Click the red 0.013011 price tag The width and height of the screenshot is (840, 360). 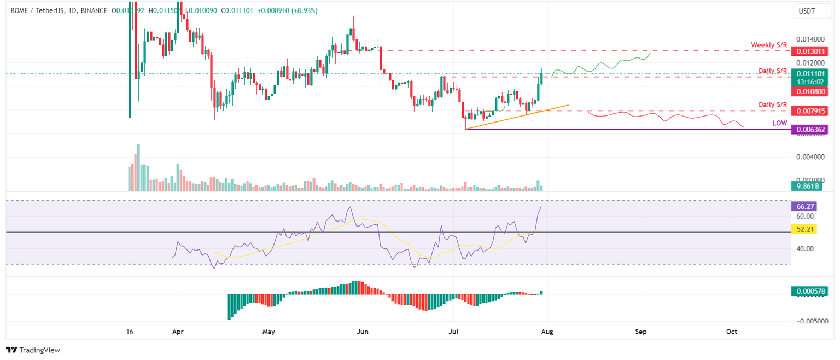click(x=809, y=51)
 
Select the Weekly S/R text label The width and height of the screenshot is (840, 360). click(x=769, y=44)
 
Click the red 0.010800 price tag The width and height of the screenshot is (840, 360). click(x=809, y=91)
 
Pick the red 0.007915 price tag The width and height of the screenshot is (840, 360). click(x=809, y=111)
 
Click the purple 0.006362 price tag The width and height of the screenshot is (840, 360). click(x=809, y=130)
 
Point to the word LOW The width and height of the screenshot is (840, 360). click(x=779, y=124)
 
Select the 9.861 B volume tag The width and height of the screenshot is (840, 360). click(x=807, y=186)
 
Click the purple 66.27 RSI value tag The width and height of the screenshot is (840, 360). click(x=803, y=207)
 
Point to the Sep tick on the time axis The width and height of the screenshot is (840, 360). click(x=641, y=332)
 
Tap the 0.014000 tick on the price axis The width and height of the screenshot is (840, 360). click(x=809, y=40)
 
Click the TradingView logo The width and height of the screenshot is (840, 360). click(x=33, y=350)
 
